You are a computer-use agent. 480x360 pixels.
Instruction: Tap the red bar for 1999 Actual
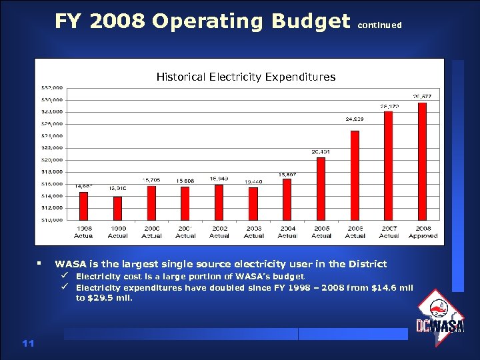click(x=117, y=207)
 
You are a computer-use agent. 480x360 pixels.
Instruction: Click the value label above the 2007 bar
click(x=389, y=106)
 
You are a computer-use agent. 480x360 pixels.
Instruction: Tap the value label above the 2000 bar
click(x=151, y=180)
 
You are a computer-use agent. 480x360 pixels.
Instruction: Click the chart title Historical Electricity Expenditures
click(x=246, y=77)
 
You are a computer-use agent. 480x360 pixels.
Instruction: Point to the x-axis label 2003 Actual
click(x=253, y=232)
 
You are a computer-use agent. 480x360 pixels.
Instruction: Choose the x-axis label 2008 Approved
click(x=423, y=232)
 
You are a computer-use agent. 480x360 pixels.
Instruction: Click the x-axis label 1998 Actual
click(x=84, y=232)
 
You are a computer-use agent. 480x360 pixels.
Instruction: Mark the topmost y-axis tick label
click(x=53, y=87)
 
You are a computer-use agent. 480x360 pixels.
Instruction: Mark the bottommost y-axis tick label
click(x=53, y=219)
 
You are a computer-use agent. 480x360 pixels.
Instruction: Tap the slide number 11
click(x=28, y=343)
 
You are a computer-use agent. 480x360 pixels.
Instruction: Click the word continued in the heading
click(x=380, y=25)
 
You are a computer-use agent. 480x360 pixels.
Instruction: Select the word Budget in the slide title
click(x=311, y=21)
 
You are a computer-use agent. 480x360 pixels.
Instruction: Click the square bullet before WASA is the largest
click(x=41, y=264)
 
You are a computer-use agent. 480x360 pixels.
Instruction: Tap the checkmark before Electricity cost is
click(x=65, y=276)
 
